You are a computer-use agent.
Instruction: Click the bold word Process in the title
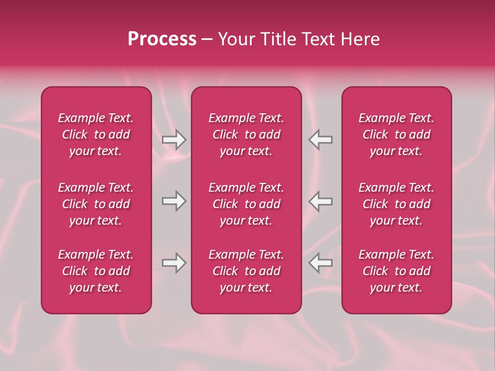coord(162,39)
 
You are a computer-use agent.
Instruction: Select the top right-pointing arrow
coord(174,140)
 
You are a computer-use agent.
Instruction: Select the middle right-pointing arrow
coord(174,201)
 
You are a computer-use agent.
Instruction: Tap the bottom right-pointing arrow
coord(174,263)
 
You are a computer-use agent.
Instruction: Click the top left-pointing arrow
coord(320,140)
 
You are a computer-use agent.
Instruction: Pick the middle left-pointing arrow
coord(320,201)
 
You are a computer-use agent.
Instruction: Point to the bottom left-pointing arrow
coord(320,263)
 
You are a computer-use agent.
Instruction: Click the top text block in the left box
coord(96,134)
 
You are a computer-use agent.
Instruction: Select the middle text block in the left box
coord(96,204)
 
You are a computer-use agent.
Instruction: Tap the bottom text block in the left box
coord(96,271)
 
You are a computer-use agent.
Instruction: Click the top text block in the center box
coord(246,134)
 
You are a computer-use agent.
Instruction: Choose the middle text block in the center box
coord(246,204)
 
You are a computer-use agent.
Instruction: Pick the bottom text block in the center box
coord(246,271)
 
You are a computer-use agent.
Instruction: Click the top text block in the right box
coord(396,134)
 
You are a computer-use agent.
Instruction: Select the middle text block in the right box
coord(396,204)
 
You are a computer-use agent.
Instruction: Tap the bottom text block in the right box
coord(396,271)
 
